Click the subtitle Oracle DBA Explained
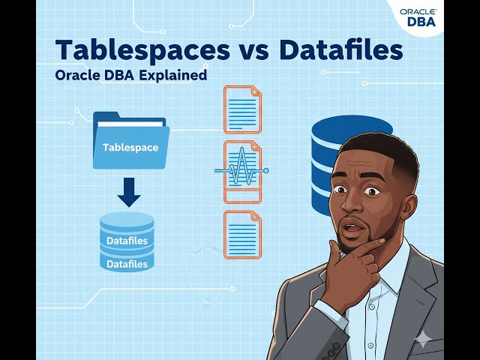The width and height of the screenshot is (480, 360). point(131,76)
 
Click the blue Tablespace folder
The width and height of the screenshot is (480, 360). point(130,142)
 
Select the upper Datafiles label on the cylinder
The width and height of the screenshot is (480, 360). point(127,241)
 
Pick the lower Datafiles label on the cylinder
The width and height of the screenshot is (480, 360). point(127,264)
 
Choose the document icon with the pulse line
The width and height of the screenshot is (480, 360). point(242,171)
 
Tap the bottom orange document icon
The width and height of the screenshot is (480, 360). point(242,235)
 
